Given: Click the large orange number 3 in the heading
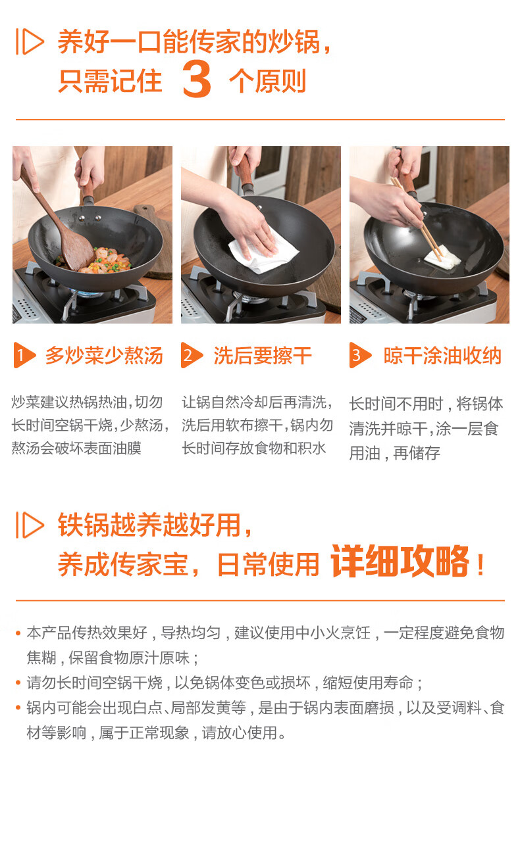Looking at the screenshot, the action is [197, 78].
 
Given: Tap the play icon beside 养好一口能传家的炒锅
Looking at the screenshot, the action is [30, 41].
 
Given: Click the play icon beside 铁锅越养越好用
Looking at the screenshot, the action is [30, 525].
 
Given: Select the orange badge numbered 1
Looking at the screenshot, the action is [24, 355].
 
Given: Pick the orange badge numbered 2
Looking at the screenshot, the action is [192, 355].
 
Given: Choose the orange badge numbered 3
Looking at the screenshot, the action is [360, 355].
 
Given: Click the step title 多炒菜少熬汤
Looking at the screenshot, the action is [104, 356].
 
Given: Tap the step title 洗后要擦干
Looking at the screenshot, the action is [263, 356].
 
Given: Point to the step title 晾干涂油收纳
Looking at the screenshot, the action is [442, 356].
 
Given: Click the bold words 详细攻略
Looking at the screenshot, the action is [400, 562].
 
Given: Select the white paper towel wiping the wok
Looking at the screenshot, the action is [263, 251].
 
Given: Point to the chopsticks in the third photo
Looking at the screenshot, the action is [417, 219].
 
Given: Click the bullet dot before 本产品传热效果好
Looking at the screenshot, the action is [18, 633].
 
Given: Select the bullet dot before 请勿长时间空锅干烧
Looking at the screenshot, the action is [18, 683].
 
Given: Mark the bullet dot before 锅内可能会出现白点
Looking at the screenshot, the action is [18, 708].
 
